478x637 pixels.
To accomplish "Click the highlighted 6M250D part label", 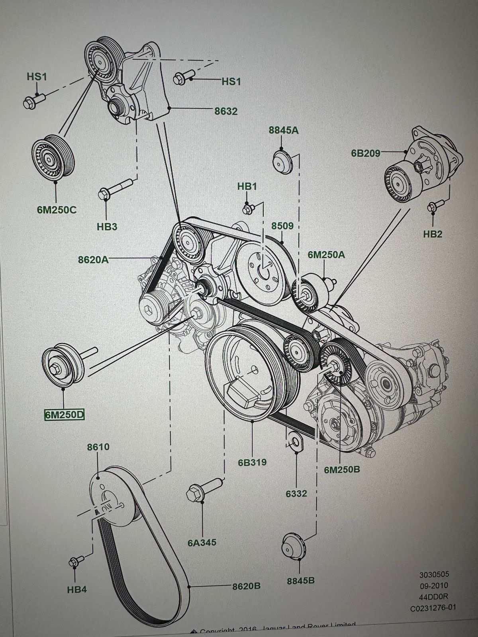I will [64, 415].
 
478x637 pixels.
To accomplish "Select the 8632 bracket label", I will [226, 111].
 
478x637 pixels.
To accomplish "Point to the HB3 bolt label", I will [107, 227].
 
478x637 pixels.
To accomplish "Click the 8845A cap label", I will [284, 130].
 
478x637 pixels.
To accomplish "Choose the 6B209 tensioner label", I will [366, 152].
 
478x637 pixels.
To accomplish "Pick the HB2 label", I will [433, 234].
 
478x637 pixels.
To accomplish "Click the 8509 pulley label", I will [282, 226].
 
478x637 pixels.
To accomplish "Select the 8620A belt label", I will [93, 260].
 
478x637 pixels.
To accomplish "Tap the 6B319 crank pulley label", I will [252, 462].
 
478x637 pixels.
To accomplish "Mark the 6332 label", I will [296, 493].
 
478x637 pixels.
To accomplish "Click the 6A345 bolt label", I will [202, 542].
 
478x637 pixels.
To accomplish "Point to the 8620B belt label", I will [247, 586].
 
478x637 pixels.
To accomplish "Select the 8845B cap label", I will [301, 580].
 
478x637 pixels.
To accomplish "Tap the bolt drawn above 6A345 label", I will [202, 490].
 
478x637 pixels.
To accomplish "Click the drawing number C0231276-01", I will [433, 608].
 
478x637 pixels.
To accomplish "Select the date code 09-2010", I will [433, 585].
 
